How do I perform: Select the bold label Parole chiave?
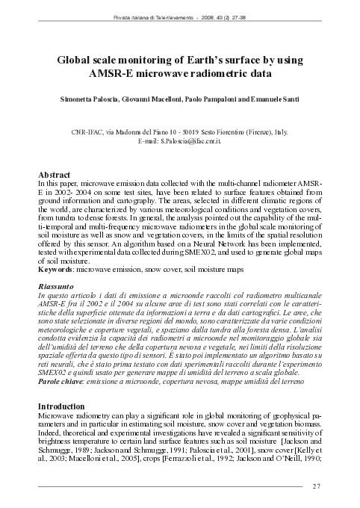(x=62, y=382)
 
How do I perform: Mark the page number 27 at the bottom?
(x=316, y=486)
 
